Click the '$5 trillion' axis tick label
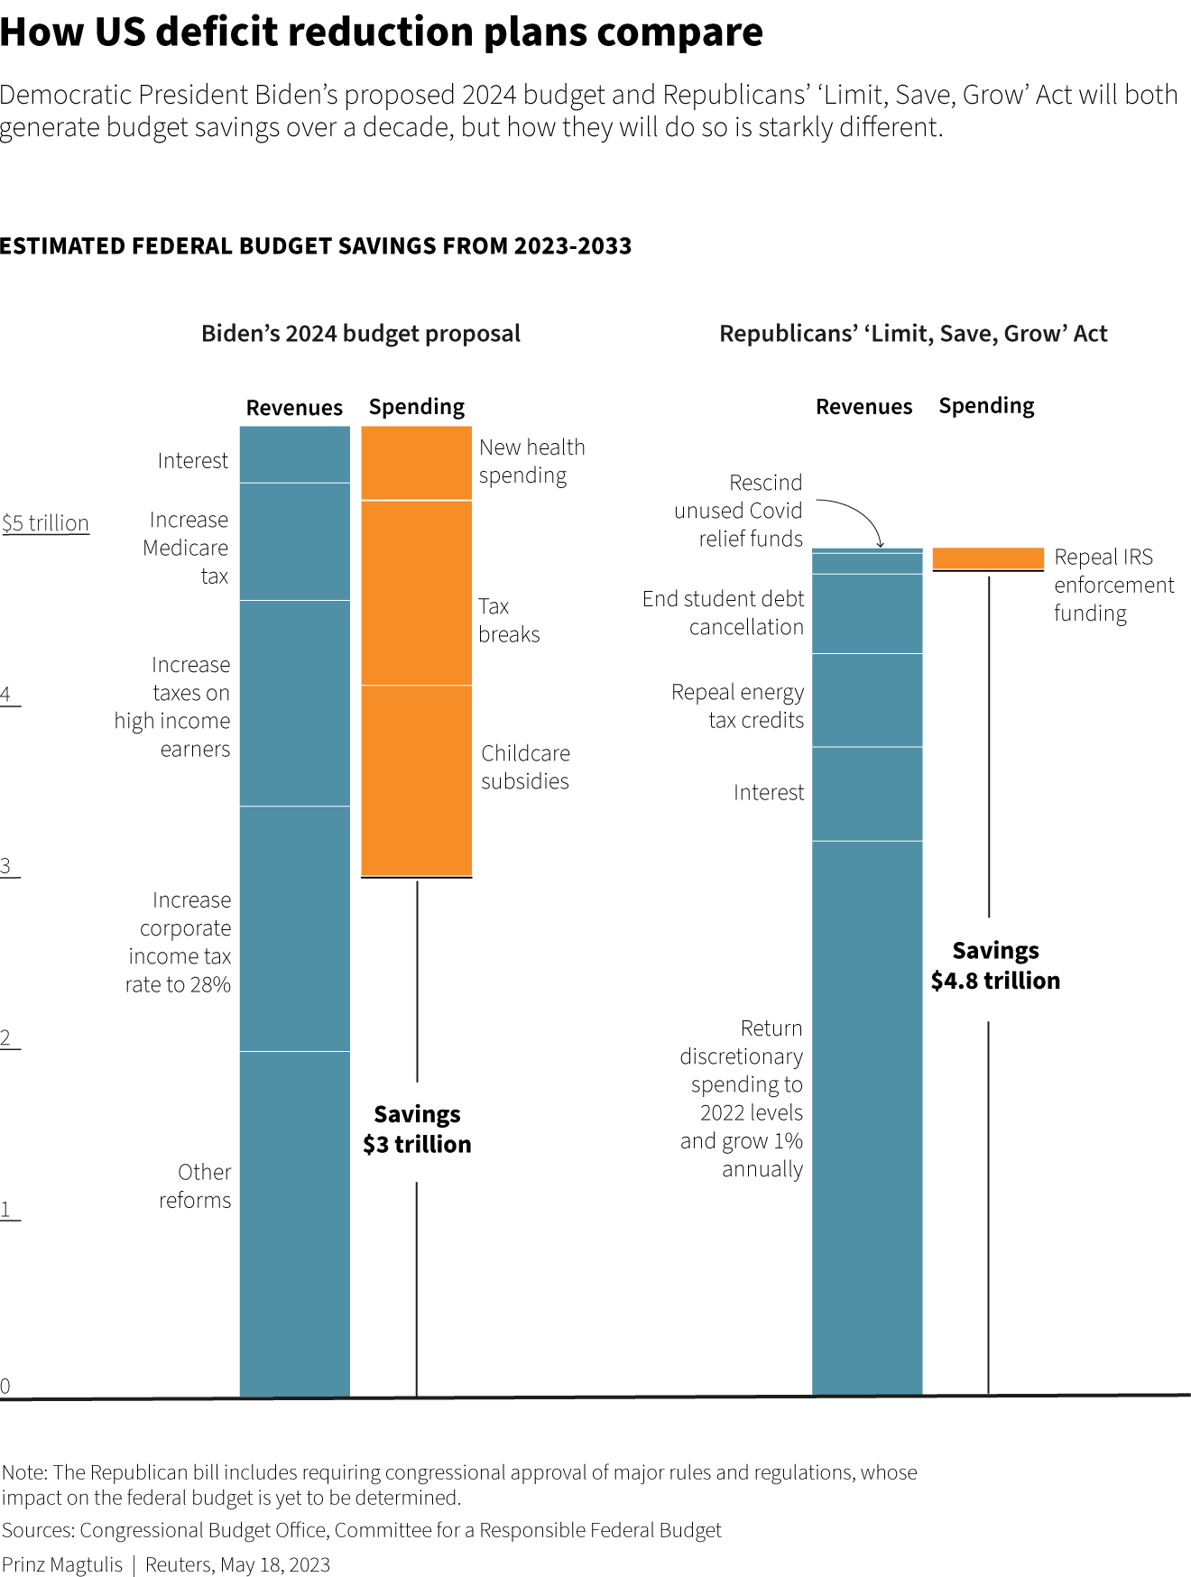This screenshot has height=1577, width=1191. (x=45, y=523)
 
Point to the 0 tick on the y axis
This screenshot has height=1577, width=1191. (x=5, y=1387)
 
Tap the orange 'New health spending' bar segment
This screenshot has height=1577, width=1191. (x=416, y=463)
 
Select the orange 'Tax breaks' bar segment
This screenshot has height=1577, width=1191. (x=416, y=593)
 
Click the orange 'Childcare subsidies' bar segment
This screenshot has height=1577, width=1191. (x=416, y=779)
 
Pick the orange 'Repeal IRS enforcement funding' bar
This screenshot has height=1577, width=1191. (x=987, y=558)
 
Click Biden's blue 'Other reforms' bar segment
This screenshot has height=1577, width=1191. (x=294, y=1222)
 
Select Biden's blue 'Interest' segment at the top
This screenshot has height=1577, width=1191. (x=294, y=455)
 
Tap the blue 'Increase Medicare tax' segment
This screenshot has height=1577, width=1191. (x=294, y=541)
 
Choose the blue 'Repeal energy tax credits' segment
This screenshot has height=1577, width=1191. (x=866, y=700)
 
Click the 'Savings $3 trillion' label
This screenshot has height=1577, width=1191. (x=417, y=1130)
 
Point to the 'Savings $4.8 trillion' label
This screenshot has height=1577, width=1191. (x=995, y=965)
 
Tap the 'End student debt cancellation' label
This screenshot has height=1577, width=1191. (x=723, y=613)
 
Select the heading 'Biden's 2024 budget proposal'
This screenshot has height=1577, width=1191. (x=361, y=334)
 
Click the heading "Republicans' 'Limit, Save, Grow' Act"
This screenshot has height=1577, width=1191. (x=912, y=334)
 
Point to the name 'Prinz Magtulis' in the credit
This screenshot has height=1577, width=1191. (x=62, y=1564)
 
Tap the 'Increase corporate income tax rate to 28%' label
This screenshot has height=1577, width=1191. (x=179, y=942)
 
